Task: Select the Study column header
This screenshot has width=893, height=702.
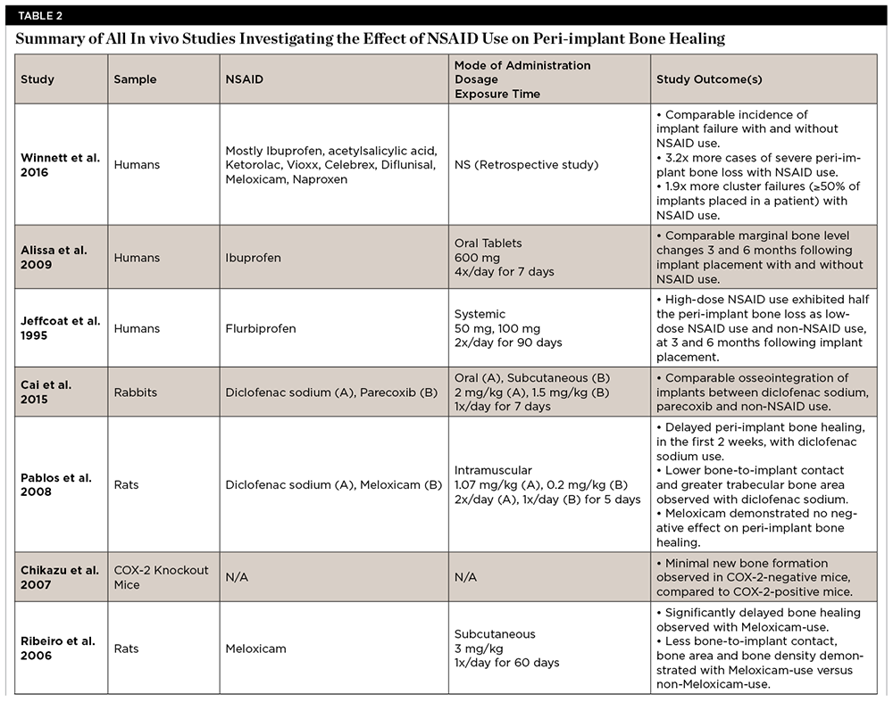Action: click(x=38, y=79)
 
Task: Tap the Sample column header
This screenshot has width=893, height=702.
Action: click(x=135, y=79)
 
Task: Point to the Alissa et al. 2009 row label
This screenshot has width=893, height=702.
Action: click(x=54, y=258)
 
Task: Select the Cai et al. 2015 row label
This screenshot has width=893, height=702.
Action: click(x=46, y=392)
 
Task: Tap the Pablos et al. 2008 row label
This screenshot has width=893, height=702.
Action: click(x=55, y=485)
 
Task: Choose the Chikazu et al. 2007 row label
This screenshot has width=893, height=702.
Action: click(x=59, y=577)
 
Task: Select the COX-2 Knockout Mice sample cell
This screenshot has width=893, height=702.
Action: click(x=153, y=577)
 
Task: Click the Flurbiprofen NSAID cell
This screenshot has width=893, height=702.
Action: click(x=261, y=328)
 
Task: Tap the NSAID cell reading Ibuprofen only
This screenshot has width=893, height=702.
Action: click(x=253, y=258)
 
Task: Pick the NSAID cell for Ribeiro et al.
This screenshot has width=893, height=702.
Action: click(x=255, y=648)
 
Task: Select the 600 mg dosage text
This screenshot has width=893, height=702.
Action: click(x=477, y=258)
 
